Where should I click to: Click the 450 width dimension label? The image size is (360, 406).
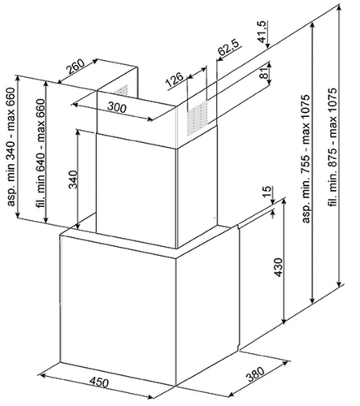[99, 382]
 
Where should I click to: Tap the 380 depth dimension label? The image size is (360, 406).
[255, 374]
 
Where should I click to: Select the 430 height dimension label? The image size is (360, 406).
[279, 267]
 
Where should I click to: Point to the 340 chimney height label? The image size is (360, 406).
[73, 179]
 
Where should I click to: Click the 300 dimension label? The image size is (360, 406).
[117, 107]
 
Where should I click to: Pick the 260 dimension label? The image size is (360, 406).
[76, 67]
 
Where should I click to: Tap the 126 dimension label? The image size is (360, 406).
[175, 80]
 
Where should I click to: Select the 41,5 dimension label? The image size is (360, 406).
[262, 32]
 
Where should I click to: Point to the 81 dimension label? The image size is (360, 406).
[265, 72]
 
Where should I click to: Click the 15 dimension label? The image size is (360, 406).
[267, 192]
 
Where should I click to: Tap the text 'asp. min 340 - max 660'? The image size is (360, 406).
[11, 147]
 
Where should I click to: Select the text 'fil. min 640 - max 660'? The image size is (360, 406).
[40, 153]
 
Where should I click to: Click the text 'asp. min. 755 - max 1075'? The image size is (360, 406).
[306, 159]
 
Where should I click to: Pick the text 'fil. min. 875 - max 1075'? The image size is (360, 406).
[333, 147]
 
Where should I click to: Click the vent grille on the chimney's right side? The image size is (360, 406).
[197, 118]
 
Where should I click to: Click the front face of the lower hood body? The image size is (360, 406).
[118, 310]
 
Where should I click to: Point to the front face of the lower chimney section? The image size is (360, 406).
[137, 191]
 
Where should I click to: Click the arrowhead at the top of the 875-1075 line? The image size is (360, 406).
[339, 7]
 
